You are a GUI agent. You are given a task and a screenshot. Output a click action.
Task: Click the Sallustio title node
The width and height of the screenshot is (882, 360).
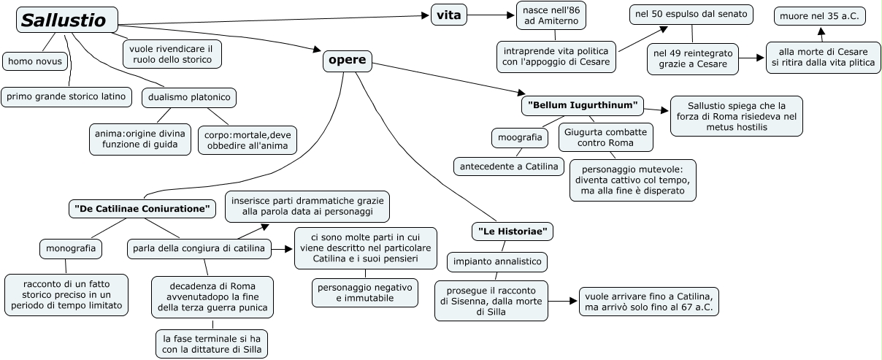66,20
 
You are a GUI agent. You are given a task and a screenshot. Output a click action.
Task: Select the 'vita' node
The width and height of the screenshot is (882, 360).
448,15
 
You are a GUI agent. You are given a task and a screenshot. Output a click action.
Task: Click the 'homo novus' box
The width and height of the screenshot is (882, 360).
34,61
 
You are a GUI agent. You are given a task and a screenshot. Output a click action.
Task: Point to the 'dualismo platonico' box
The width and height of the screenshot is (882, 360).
188,97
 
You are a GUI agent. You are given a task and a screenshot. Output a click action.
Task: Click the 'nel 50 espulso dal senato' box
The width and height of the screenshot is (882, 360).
681,14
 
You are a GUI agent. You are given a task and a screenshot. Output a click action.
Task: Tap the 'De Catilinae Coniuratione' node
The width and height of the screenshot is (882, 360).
142,209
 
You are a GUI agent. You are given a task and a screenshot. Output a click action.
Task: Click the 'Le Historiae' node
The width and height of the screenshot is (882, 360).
512,231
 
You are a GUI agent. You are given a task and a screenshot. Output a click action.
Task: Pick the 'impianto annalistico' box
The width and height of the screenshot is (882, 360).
496,261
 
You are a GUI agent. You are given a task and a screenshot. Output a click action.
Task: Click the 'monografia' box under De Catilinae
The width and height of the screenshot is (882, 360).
70,248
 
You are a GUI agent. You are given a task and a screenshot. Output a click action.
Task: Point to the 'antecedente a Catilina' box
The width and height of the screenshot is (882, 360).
509,166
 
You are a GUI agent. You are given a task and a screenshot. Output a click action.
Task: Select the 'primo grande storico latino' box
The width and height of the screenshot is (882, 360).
66,96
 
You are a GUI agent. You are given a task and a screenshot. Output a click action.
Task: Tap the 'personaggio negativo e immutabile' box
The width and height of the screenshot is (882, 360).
365,291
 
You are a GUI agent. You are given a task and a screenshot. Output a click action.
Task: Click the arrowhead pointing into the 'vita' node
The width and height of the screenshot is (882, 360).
425,15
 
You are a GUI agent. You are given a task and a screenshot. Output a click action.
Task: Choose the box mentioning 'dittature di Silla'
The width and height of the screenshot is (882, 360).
212,343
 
